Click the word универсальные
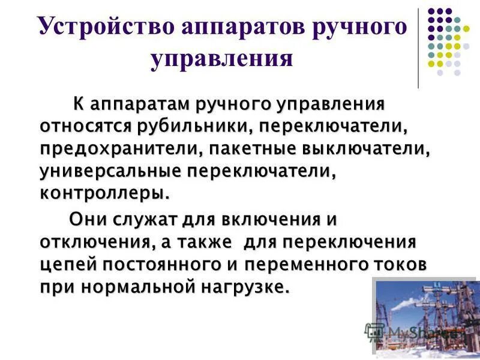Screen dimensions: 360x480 (x=110, y=172)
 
